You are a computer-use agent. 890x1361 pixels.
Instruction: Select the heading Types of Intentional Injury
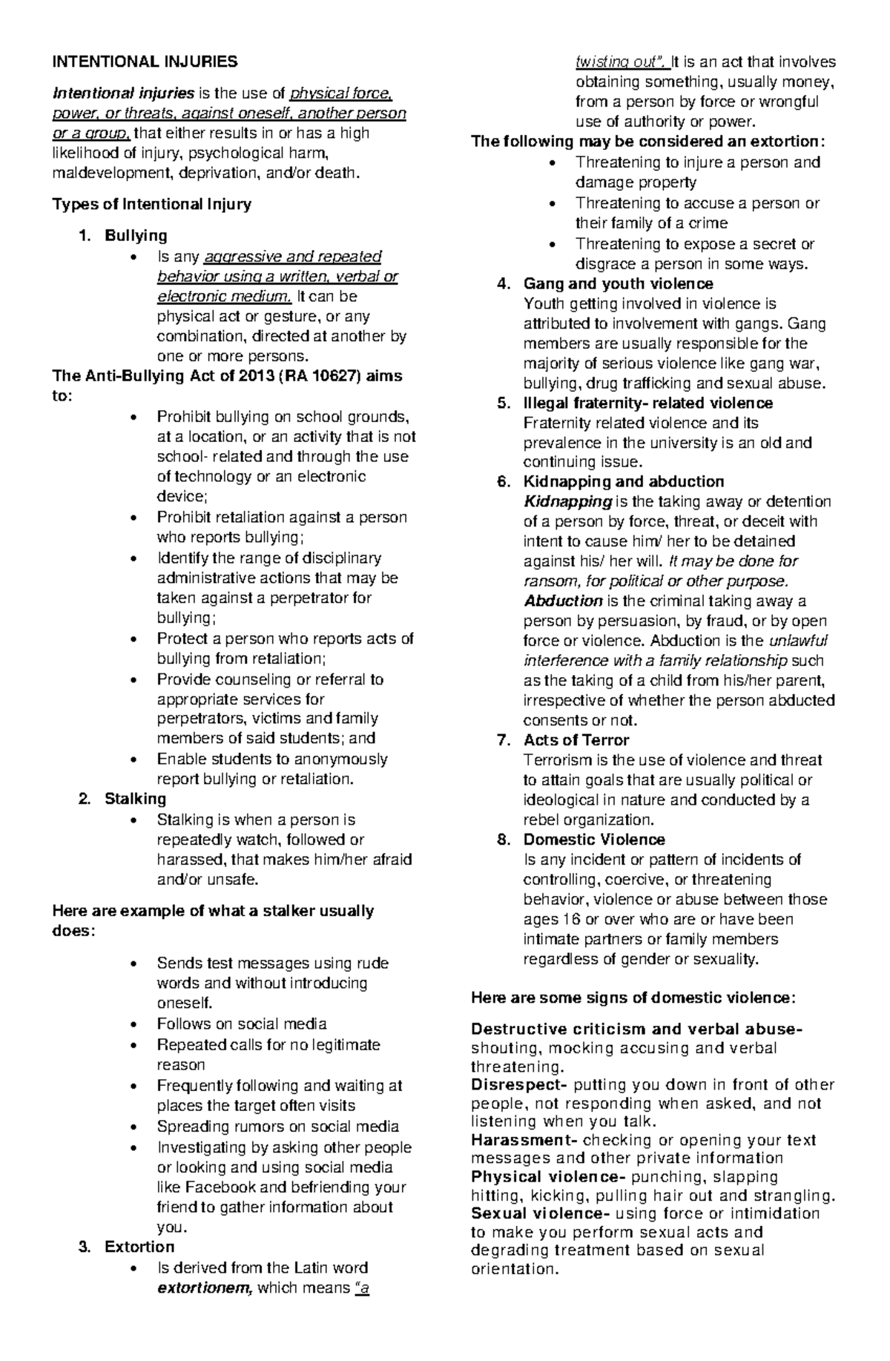point(151,204)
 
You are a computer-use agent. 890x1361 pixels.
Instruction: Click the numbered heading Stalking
point(135,799)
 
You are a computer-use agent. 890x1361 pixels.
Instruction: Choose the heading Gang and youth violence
point(618,283)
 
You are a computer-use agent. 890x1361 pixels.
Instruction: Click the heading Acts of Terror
point(576,739)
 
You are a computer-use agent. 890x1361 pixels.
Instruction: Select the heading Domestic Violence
point(594,840)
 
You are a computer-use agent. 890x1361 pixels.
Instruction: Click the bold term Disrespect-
point(519,1085)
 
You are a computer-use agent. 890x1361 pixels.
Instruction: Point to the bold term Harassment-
point(524,1140)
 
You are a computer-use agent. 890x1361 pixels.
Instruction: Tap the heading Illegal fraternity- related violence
point(647,403)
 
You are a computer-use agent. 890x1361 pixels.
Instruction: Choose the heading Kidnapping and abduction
point(623,481)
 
